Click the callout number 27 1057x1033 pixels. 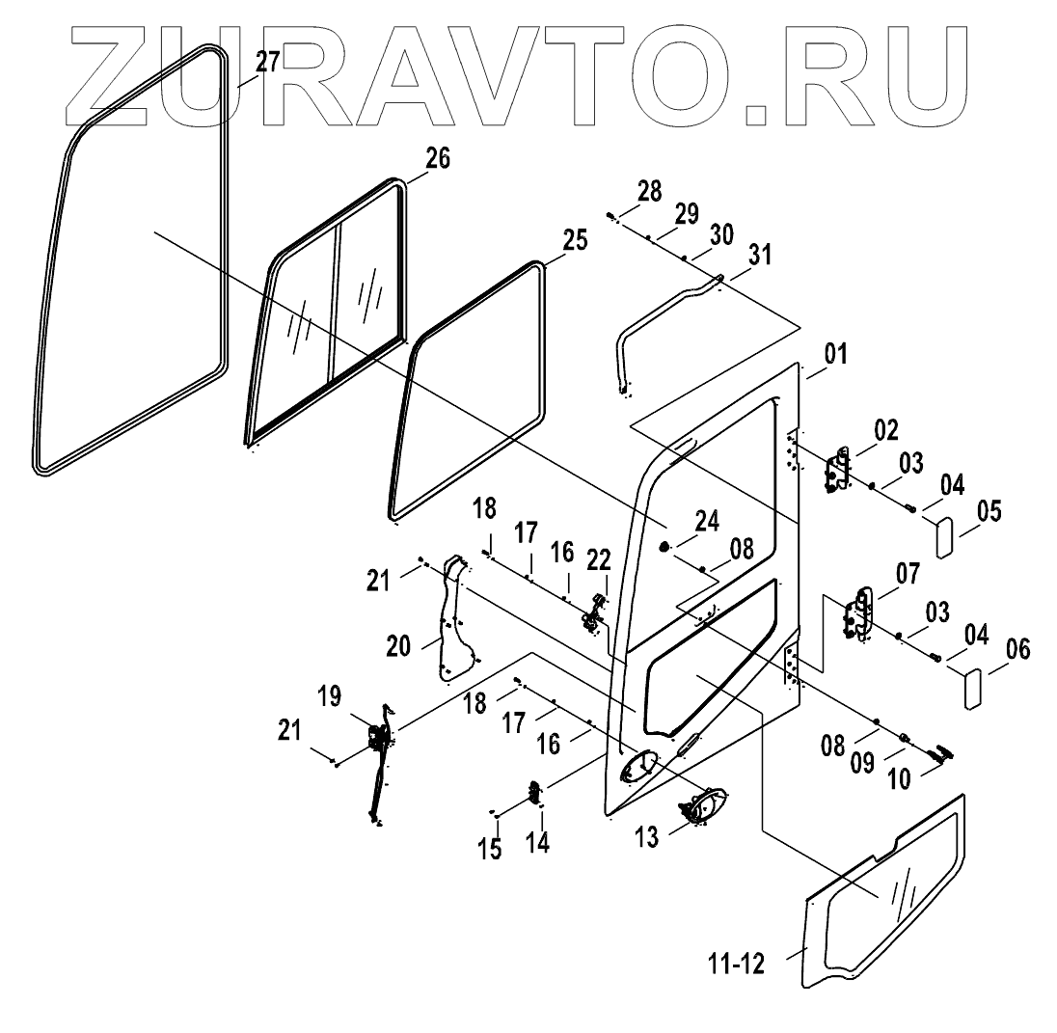[x=267, y=63]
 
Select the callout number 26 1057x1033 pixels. [x=438, y=159]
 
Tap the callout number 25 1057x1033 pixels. [x=574, y=241]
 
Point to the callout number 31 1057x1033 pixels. [x=761, y=256]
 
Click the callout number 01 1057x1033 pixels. [x=835, y=355]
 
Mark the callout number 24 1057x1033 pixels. [x=707, y=522]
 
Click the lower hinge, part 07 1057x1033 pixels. [x=856, y=614]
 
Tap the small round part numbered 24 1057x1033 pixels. [x=665, y=548]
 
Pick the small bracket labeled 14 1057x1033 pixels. [x=532, y=794]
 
